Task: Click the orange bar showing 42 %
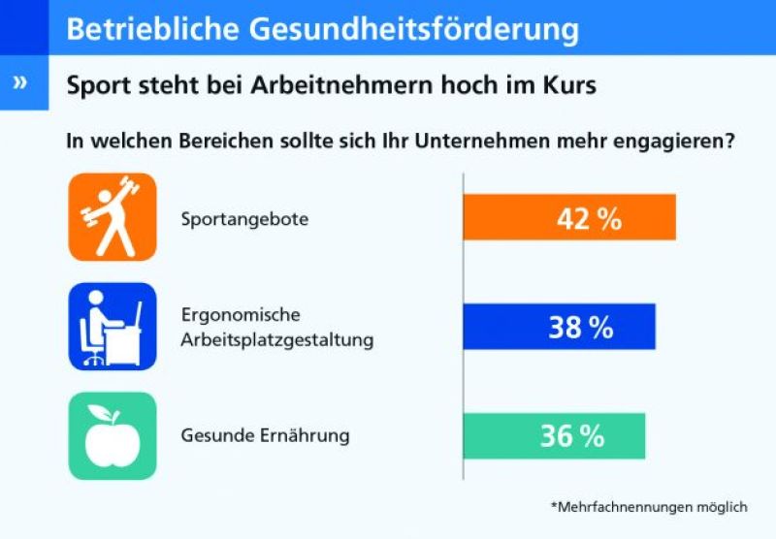pyautogui.click(x=569, y=217)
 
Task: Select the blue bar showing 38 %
pyautogui.click(x=560, y=327)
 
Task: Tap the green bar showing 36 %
pyautogui.click(x=554, y=436)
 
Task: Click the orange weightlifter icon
pyautogui.click(x=112, y=217)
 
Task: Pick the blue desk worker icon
pyautogui.click(x=112, y=327)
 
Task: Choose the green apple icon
pyautogui.click(x=112, y=436)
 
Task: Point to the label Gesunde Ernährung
pyautogui.click(x=265, y=436)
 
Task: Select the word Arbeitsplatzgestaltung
pyautogui.click(x=277, y=340)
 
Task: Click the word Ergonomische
pyautogui.click(x=241, y=316)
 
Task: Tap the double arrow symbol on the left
pyautogui.click(x=21, y=82)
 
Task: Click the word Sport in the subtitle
pyautogui.click(x=98, y=84)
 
